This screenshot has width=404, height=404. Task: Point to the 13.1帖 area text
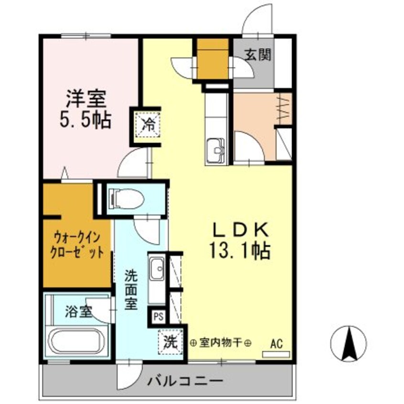click(239, 251)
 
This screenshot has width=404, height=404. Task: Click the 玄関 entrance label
click(258, 54)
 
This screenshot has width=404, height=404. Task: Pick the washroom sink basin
click(156, 270)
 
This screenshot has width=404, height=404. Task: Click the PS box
click(157, 316)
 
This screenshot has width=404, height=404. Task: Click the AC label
click(276, 343)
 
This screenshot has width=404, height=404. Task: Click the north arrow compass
click(349, 343)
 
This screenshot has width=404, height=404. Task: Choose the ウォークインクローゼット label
click(77, 244)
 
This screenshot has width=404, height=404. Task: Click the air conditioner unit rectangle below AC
click(276, 354)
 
